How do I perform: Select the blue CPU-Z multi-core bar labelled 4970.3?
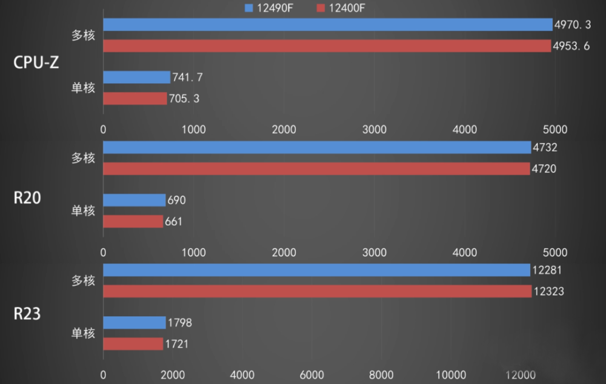[327, 24]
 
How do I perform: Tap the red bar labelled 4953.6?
[327, 46]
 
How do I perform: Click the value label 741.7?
[188, 77]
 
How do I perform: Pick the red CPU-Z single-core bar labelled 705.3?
[135, 98]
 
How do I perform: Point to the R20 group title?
[27, 197]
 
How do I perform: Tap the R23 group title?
[27, 314]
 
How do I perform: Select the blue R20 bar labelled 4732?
[317, 147]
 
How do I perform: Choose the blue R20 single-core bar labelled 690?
[134, 200]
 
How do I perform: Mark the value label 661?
[173, 222]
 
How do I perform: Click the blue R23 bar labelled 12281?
[317, 270]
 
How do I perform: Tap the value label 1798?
[180, 323]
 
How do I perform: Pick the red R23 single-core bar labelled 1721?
[133, 344]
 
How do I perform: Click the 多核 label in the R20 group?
[84, 158]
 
